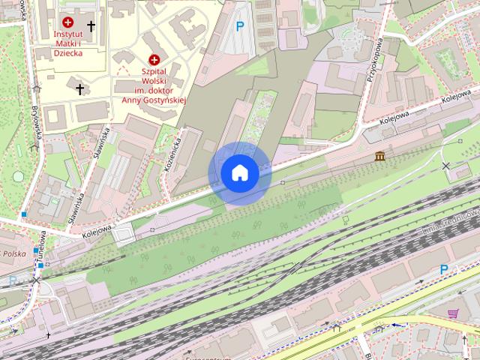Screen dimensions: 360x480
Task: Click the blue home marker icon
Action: click(239, 173)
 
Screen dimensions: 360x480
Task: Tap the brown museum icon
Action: click(380, 156)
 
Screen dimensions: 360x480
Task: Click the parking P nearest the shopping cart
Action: click(444, 269)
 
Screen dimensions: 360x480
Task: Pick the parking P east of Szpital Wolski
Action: click(240, 27)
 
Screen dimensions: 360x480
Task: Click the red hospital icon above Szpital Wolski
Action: click(154, 59)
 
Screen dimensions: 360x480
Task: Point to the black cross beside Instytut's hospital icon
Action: click(91, 26)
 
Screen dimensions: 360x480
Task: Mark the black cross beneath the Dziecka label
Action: click(79, 89)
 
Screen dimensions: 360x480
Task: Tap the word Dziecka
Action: click(69, 53)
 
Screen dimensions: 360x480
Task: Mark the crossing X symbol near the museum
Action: click(447, 165)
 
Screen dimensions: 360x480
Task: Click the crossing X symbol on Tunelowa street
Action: click(36, 280)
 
